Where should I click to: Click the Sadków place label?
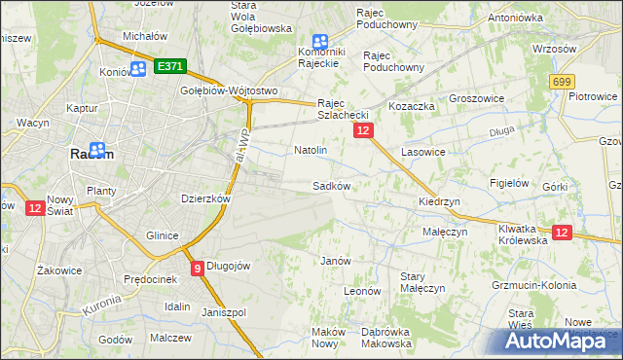pos(330,185)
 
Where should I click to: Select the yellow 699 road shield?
pos(561,84)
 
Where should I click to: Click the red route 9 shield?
pos(198,268)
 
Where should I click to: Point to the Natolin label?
pos(310,151)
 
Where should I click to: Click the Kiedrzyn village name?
pos(438,201)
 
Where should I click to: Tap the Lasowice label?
pos(422,152)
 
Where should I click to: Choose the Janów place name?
pos(335,260)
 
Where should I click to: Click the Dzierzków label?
pos(205,198)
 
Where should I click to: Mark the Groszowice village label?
pos(476,98)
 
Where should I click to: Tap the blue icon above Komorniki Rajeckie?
pos(319,42)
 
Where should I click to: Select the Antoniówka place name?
pos(516,18)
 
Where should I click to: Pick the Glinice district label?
pos(162,235)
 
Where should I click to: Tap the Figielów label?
pos(509,182)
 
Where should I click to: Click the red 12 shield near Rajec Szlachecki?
pos(362,129)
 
